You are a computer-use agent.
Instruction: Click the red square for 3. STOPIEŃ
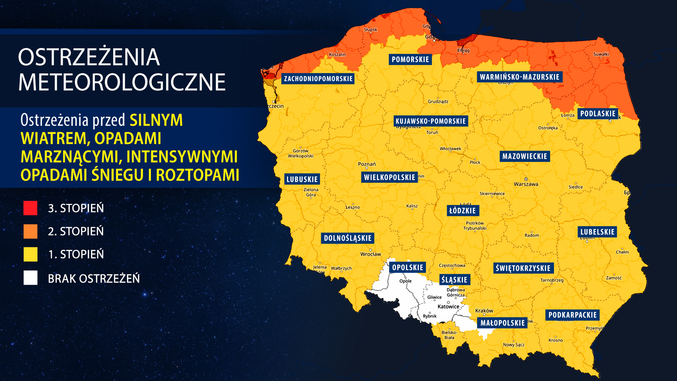[x=30, y=208]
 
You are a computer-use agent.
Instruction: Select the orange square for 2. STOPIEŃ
[x=30, y=231]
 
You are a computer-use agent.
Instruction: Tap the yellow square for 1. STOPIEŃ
[x=30, y=254]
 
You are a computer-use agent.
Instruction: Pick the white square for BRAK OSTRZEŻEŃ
[x=30, y=278]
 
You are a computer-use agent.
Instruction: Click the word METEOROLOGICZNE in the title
[x=122, y=83]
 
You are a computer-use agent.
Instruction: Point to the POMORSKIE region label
[x=410, y=60]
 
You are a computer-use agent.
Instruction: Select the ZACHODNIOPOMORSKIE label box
[x=318, y=79]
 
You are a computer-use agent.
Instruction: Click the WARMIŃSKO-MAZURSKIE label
[x=519, y=77]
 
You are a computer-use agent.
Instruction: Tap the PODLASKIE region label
[x=598, y=114]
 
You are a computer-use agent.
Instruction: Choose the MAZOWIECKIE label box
[x=525, y=156]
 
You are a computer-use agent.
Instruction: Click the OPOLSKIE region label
[x=408, y=267]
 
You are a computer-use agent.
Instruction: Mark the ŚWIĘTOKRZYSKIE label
[x=523, y=268]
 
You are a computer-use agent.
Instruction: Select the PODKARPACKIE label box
[x=572, y=315]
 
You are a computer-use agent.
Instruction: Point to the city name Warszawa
[x=526, y=184]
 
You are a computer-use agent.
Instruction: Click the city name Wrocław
[x=371, y=254]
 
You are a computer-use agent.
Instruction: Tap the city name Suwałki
[x=601, y=54]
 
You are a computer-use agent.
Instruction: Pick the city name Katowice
[x=448, y=307]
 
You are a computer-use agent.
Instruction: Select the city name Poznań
[x=367, y=164]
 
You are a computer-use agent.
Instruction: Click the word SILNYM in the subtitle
[x=156, y=120]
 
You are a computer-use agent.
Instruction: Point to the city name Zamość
[x=614, y=278]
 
